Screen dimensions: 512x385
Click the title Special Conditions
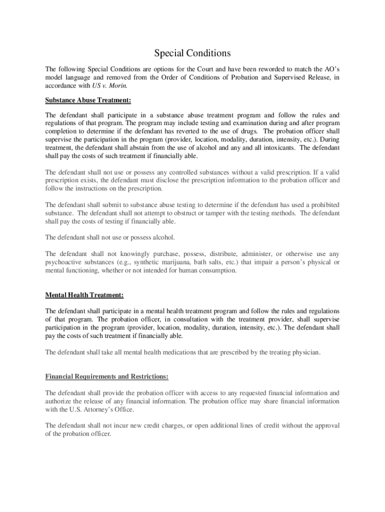[192, 53]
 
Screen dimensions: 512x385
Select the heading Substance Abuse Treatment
[88, 100]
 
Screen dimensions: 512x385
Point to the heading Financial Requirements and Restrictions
[106, 375]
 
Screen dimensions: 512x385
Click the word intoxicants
[276, 148]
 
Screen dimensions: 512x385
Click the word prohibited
[319, 205]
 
